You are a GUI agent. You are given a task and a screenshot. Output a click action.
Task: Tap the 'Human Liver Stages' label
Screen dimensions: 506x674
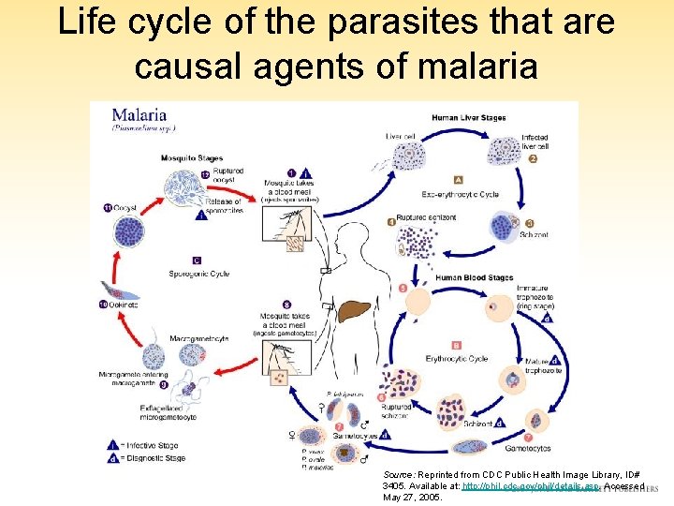point(469,118)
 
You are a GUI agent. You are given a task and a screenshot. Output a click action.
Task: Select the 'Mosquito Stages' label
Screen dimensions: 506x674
point(191,158)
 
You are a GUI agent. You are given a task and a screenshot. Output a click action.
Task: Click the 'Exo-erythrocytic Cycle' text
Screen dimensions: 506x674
point(460,195)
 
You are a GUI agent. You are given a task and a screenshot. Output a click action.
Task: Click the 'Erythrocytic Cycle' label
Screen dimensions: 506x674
point(457,359)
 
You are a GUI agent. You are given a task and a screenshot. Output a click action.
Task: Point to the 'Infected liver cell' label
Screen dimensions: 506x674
point(535,141)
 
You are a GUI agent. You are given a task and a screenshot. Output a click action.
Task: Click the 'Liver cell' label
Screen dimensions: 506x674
point(400,137)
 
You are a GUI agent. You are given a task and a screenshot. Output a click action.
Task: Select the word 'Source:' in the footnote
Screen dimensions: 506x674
point(399,476)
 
